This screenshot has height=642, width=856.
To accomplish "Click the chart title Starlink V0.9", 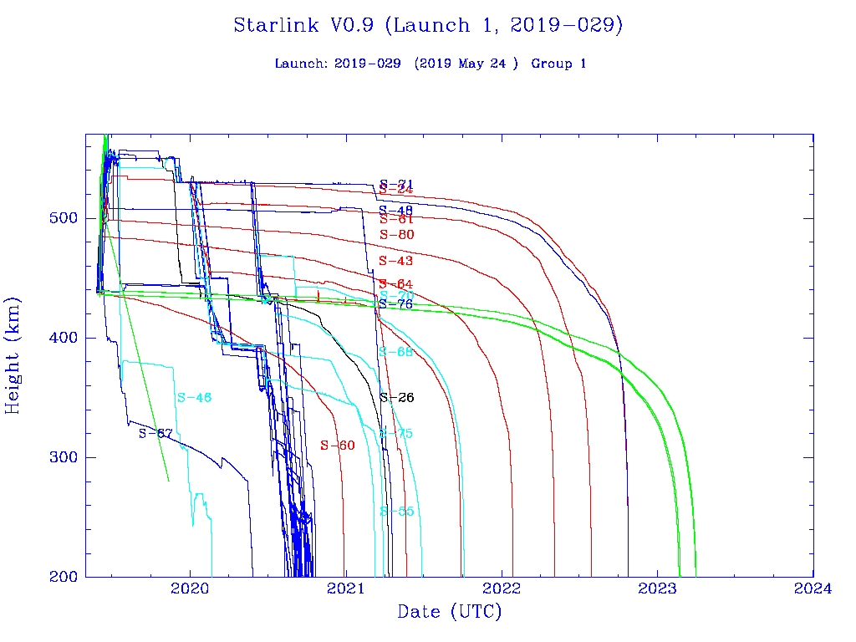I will click(x=428, y=25).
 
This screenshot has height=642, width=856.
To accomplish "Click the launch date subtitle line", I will click(x=430, y=64).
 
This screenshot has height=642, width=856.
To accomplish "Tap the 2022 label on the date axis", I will click(x=502, y=589).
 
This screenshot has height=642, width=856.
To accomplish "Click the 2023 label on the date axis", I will click(x=657, y=589).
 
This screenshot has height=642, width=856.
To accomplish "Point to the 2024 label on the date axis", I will click(x=813, y=589).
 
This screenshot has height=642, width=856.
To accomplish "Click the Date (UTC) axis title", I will click(x=450, y=613).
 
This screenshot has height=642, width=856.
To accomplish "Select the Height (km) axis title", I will click(x=13, y=354).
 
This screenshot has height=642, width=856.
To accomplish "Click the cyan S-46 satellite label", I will click(x=194, y=398).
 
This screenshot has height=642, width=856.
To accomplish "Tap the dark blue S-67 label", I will click(x=155, y=433).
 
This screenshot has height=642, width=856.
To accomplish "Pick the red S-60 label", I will click(x=338, y=446).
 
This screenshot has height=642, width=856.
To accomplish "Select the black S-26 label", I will click(x=397, y=398).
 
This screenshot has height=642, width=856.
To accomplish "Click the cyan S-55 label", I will click(x=397, y=512).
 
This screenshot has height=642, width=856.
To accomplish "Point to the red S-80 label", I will click(x=397, y=235).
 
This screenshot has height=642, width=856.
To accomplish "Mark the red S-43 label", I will click(x=396, y=262).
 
